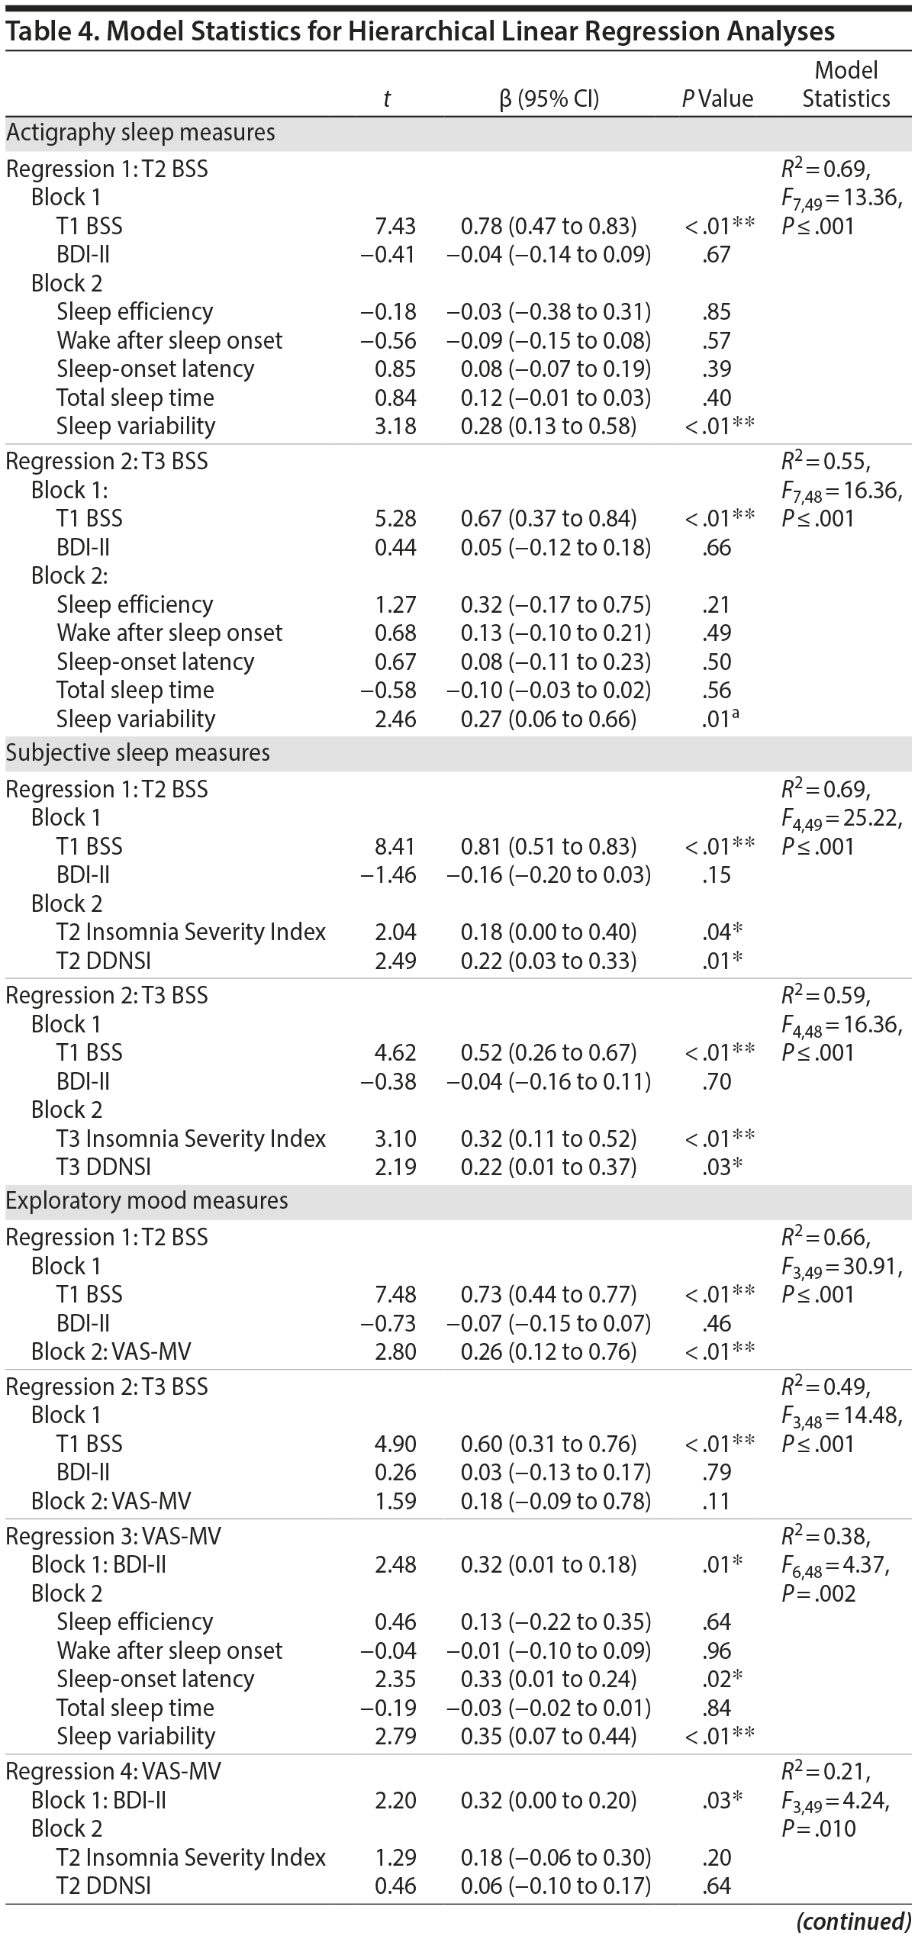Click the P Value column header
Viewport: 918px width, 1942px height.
click(717, 98)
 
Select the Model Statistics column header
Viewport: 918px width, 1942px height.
click(846, 85)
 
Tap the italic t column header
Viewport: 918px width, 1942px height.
click(387, 98)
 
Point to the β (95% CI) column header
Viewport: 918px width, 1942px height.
click(549, 98)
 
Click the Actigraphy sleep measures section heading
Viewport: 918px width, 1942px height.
click(140, 133)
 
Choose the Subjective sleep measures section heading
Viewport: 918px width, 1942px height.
click(138, 753)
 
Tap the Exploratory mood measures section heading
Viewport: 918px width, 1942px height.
click(147, 1200)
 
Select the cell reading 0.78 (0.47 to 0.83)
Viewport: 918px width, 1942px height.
click(548, 226)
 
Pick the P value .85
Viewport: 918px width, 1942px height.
click(717, 311)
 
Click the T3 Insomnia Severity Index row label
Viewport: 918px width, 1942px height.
click(191, 1138)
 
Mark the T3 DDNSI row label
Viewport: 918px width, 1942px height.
click(103, 1167)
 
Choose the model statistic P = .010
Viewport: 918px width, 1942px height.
click(818, 1828)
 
